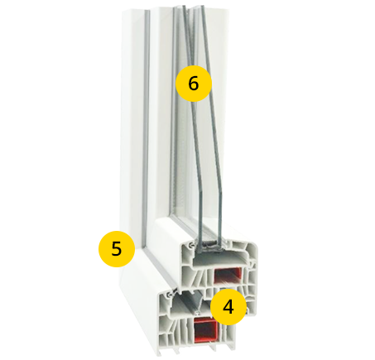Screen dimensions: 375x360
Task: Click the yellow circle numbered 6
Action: click(194, 84)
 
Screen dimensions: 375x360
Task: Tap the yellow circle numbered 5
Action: click(117, 249)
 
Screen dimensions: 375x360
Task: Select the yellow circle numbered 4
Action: click(228, 307)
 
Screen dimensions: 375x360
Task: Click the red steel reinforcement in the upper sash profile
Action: click(228, 276)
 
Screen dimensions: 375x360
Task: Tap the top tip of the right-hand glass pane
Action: click(202, 6)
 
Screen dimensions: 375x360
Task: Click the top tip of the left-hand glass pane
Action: click(184, 7)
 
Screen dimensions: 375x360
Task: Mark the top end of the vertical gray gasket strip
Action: click(147, 11)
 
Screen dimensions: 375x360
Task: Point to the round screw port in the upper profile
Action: click(190, 245)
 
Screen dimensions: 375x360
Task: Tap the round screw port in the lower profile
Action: click(167, 295)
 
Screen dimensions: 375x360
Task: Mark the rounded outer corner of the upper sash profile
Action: click(254, 247)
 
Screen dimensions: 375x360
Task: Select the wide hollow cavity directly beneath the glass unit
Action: click(218, 260)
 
